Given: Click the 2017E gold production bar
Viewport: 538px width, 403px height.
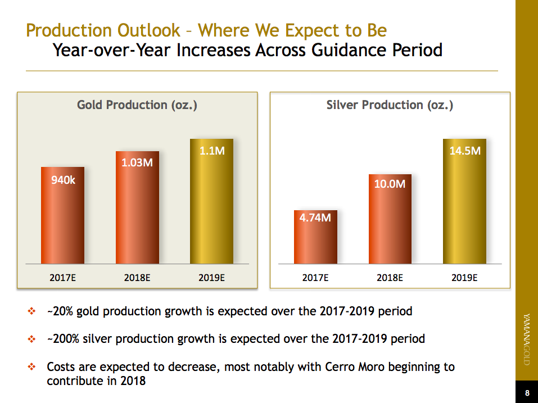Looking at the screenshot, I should [62, 216].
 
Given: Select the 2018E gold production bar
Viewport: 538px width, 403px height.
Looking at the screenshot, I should [137, 208].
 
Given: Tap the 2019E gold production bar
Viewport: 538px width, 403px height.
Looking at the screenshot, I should [211, 202].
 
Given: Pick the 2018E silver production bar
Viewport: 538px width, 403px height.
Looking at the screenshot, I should [390, 219].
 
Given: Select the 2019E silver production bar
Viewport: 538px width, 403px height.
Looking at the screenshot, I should [464, 202].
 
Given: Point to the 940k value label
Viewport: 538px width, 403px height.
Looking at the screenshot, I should [63, 180].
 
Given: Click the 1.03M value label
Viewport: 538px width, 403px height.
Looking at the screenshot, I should [137, 163].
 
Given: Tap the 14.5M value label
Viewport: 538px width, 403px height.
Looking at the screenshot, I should [464, 151].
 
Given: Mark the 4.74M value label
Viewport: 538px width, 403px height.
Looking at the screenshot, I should [315, 218].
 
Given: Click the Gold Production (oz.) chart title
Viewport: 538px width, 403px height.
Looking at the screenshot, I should [137, 105].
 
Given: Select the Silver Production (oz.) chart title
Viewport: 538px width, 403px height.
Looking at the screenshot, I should [390, 105].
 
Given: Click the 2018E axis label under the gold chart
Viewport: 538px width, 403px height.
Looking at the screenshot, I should [137, 277].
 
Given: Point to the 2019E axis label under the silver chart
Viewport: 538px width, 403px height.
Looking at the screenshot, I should [464, 277].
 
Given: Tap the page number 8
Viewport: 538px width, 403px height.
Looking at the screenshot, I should [527, 393].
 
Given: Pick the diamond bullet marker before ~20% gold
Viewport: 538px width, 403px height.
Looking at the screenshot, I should [32, 311].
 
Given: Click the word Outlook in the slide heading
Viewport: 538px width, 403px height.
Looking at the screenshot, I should [149, 30].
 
